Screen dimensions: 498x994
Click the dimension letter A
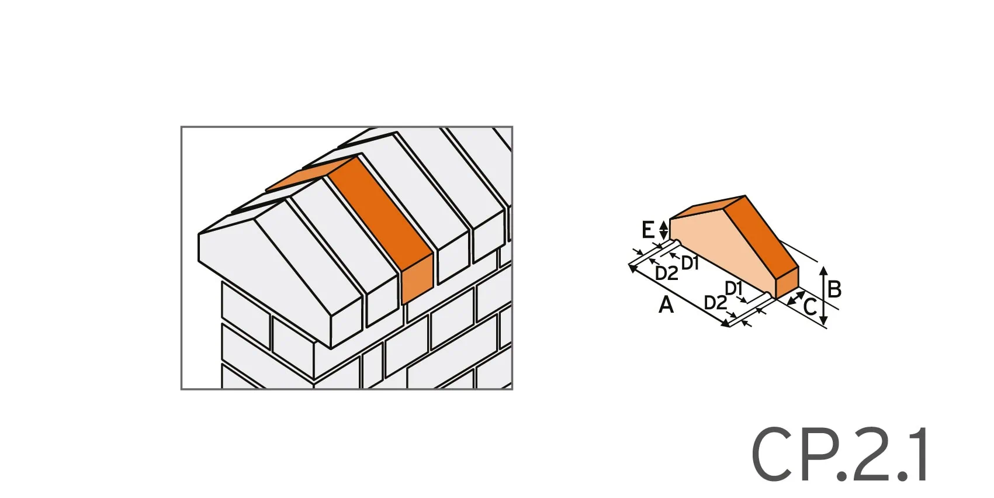click(666, 305)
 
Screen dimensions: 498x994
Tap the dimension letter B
click(834, 289)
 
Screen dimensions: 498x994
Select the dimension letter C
click(810, 306)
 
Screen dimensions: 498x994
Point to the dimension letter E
click(647, 230)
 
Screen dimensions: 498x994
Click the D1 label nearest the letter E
click(690, 264)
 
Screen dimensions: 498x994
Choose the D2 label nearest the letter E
click(667, 273)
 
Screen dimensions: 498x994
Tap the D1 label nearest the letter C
click(733, 288)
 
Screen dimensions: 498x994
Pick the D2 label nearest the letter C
click(715, 303)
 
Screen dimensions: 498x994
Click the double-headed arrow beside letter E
click(663, 229)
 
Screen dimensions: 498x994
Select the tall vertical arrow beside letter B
click(823, 296)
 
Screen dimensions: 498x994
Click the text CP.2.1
click(839, 454)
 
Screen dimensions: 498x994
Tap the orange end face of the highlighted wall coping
click(417, 279)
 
